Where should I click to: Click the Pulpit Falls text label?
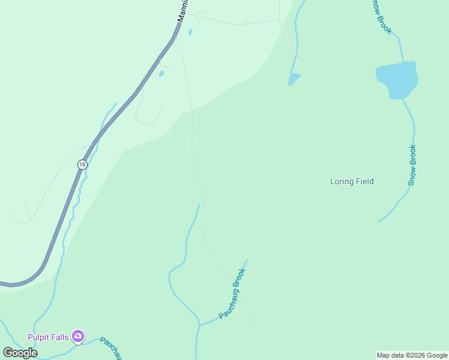(48, 337)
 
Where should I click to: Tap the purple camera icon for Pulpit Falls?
(77, 337)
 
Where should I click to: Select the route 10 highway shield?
(82, 164)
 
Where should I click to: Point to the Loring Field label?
(352, 181)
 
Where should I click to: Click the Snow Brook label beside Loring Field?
(412, 165)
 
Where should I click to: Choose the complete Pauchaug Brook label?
(233, 293)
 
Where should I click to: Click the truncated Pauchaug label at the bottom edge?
(112, 347)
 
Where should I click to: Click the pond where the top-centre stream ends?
(294, 79)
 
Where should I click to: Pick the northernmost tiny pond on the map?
(190, 32)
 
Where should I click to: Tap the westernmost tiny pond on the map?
(161, 74)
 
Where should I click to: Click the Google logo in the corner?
(20, 352)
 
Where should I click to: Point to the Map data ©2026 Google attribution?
(412, 355)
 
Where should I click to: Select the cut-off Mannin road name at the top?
(183, 11)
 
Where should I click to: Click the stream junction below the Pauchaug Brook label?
(199, 325)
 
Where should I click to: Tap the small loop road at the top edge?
(201, 14)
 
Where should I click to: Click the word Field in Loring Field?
(364, 181)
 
